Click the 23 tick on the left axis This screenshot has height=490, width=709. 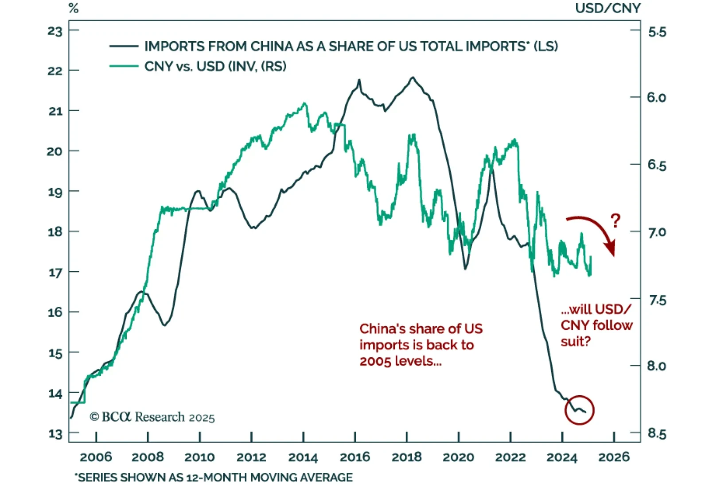55,31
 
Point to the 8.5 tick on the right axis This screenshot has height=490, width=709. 657,434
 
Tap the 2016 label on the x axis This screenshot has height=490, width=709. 354,457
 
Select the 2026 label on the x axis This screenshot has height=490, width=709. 614,457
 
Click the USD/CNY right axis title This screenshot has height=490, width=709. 608,8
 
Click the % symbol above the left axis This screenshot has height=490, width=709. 74,8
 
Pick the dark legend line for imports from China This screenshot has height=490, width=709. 124,46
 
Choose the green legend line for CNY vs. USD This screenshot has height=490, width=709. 124,66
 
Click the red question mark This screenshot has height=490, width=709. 616,220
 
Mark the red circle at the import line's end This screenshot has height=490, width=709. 579,410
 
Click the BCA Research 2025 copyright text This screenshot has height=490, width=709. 152,417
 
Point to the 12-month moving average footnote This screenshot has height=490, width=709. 214,478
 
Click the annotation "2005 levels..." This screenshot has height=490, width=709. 401,361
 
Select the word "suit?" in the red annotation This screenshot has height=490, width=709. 576,341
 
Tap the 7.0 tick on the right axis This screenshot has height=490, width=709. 657,232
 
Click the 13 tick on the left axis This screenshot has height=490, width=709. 55,434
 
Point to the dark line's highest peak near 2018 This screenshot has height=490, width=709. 413,77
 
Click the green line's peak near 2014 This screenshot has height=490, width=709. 304,104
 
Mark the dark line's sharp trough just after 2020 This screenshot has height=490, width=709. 465,269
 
